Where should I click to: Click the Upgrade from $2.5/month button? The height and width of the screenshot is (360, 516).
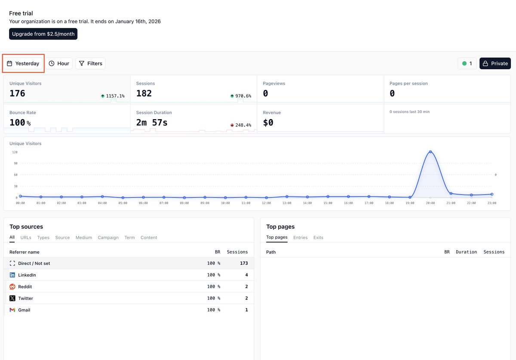(43, 34)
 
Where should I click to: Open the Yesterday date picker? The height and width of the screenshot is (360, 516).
(23, 63)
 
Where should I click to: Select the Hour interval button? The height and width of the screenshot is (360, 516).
(59, 63)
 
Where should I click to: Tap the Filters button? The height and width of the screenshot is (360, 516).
(90, 63)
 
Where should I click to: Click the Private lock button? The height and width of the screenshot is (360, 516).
(495, 63)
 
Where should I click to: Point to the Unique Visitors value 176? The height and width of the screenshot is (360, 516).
(18, 93)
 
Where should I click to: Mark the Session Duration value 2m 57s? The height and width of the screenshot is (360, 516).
(152, 123)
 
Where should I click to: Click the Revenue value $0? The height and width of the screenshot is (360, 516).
(268, 123)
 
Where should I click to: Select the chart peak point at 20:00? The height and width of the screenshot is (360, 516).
(430, 152)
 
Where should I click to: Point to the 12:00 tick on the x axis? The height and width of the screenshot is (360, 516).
(266, 203)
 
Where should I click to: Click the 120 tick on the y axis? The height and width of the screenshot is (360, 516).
(15, 152)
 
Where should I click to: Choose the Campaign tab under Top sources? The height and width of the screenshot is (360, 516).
(108, 237)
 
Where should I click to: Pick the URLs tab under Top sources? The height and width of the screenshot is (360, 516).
(26, 237)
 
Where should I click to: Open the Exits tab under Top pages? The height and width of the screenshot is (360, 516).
(318, 237)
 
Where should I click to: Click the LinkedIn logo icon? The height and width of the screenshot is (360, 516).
(12, 275)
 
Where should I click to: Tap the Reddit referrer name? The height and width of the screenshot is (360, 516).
(25, 286)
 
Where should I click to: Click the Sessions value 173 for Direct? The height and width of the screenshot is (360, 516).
(244, 263)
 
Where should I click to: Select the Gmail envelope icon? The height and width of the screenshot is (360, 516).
(12, 310)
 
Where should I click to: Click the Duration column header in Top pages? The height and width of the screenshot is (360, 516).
(466, 252)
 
